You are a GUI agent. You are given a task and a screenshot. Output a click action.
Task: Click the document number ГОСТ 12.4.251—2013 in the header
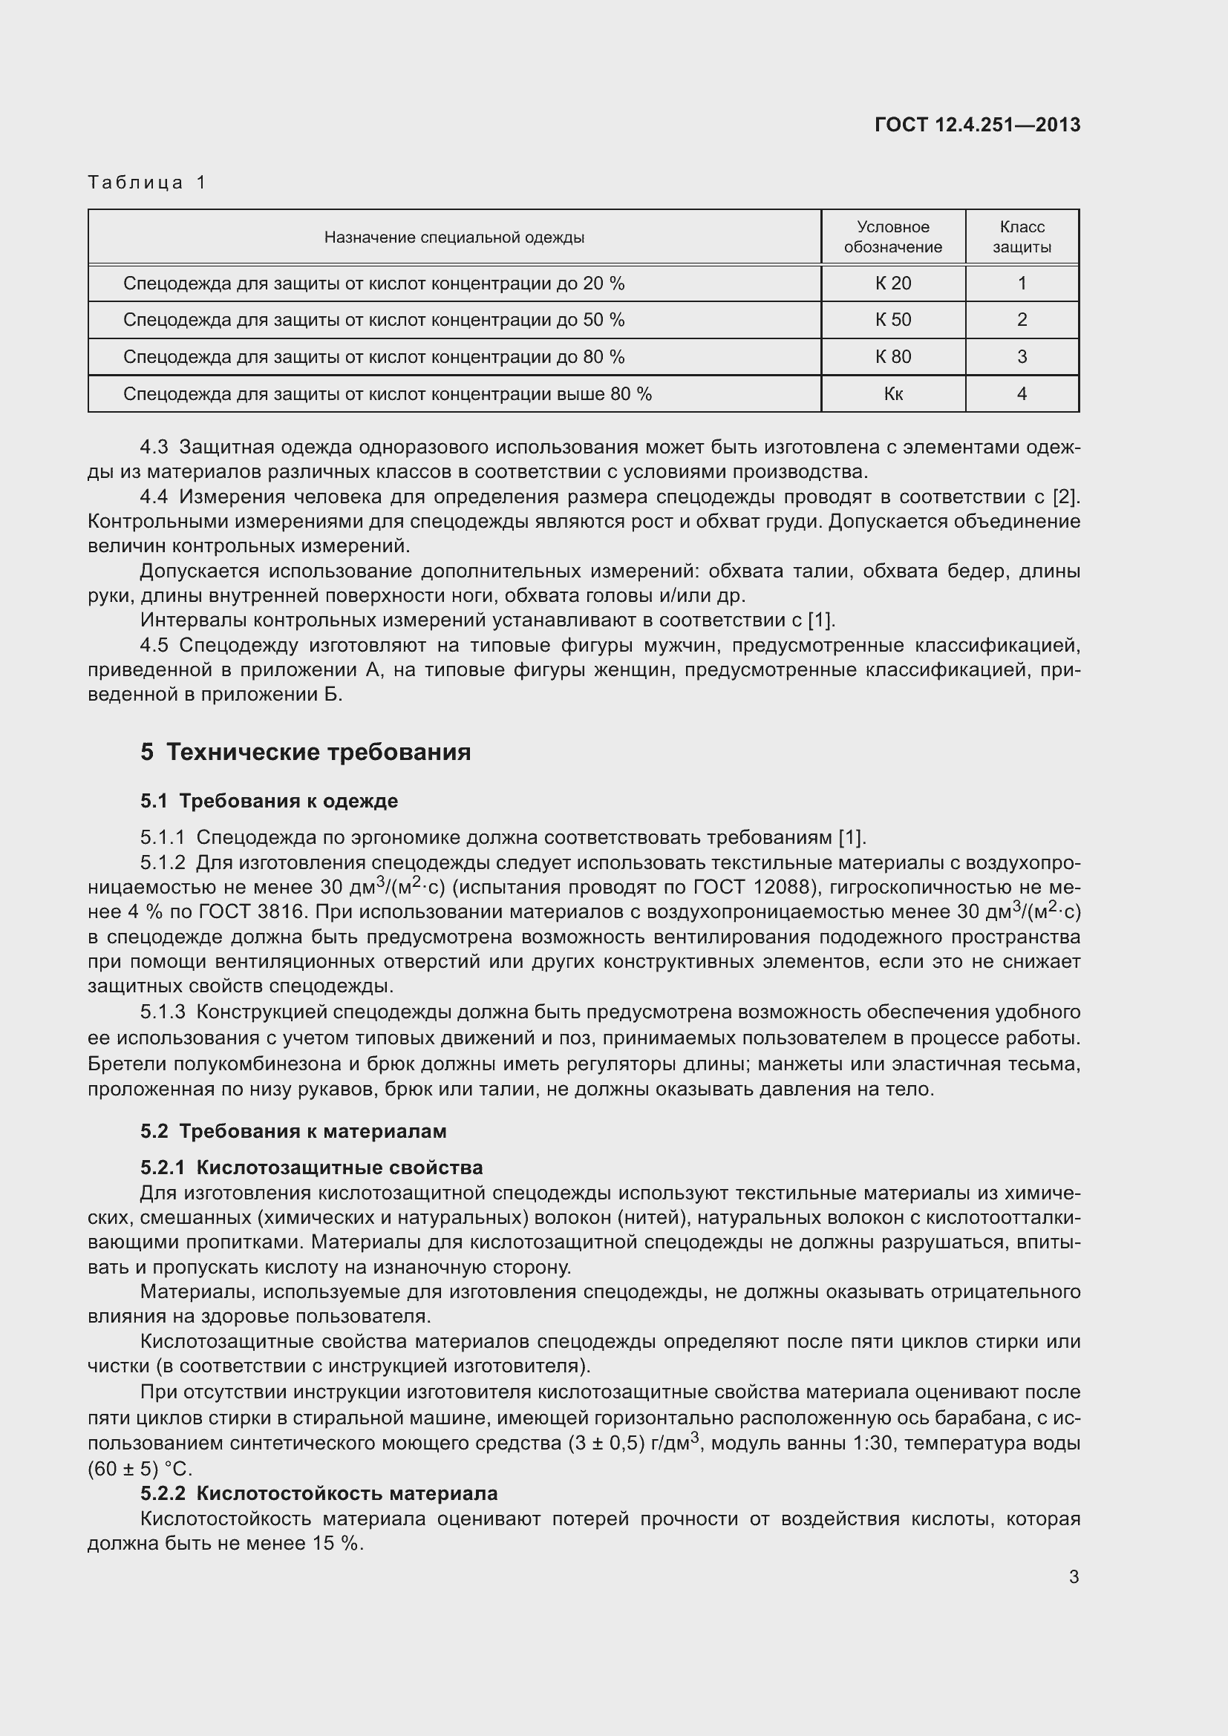pyautogui.click(x=977, y=125)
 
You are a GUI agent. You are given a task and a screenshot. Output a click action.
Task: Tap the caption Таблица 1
pyautogui.click(x=148, y=183)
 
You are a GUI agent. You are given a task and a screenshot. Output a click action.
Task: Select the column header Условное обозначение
pyautogui.click(x=892, y=238)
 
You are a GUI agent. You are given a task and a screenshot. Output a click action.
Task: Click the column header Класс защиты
pyautogui.click(x=1022, y=238)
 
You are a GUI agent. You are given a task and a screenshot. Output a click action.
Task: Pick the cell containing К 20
pyautogui.click(x=892, y=284)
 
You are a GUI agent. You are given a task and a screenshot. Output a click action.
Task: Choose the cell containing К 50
pyautogui.click(x=892, y=320)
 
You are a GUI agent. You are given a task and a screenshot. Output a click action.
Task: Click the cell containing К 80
pyautogui.click(x=892, y=357)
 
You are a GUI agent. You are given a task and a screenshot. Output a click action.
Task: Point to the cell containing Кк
pyautogui.click(x=892, y=394)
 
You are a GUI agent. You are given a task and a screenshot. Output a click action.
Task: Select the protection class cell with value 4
pyautogui.click(x=1022, y=394)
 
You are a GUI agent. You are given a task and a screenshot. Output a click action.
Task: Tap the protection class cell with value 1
pyautogui.click(x=1022, y=284)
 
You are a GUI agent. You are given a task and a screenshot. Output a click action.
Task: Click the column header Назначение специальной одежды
pyautogui.click(x=454, y=238)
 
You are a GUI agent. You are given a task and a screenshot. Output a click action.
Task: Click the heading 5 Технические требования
pyautogui.click(x=305, y=753)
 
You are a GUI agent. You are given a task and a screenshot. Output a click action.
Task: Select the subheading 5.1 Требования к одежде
pyautogui.click(x=269, y=802)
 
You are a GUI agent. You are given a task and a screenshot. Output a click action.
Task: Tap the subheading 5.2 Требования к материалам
pyautogui.click(x=293, y=1132)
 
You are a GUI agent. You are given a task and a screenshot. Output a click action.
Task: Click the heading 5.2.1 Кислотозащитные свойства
pyautogui.click(x=311, y=1168)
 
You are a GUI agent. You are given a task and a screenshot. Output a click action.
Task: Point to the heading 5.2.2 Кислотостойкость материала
pyautogui.click(x=319, y=1494)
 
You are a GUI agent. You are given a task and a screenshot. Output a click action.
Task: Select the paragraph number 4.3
pyautogui.click(x=154, y=448)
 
